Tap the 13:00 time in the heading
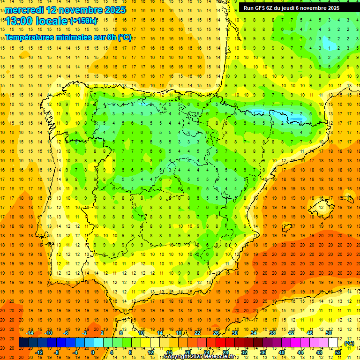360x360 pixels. tap(20, 21)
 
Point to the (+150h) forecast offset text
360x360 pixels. tap(83, 21)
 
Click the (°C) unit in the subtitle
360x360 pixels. tap(125, 37)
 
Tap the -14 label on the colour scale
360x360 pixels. tap(30, 333)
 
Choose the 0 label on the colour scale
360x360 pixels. tap(92, 352)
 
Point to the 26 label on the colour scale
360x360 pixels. tap(216, 333)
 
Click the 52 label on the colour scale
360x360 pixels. tap(338, 352)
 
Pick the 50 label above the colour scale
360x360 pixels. tap(329, 333)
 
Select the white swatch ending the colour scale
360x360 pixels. tap(333, 343)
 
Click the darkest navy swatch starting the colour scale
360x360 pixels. tap(23, 343)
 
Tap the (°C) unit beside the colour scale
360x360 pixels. tap(349, 343)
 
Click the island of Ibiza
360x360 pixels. tap(287, 228)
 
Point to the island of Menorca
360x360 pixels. tap(347, 197)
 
